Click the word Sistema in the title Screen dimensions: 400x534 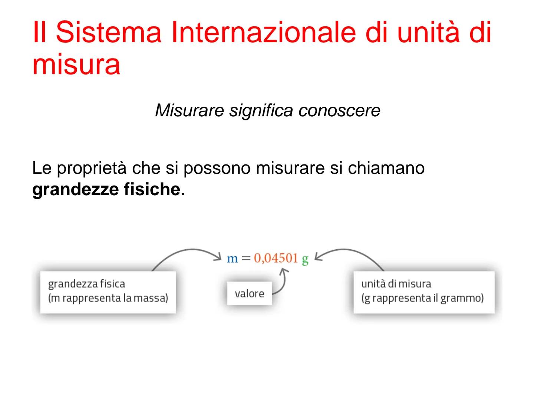[108, 32]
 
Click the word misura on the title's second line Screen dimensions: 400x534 [76, 64]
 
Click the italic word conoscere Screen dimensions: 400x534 [339, 110]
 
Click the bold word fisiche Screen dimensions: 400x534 [152, 190]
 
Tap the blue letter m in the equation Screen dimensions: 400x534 [232, 258]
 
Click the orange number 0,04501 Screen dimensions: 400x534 [276, 258]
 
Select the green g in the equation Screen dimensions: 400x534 [305, 259]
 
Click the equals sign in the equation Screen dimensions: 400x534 [246, 258]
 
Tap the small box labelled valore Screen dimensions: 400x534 [249, 294]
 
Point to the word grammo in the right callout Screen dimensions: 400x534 [459, 298]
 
